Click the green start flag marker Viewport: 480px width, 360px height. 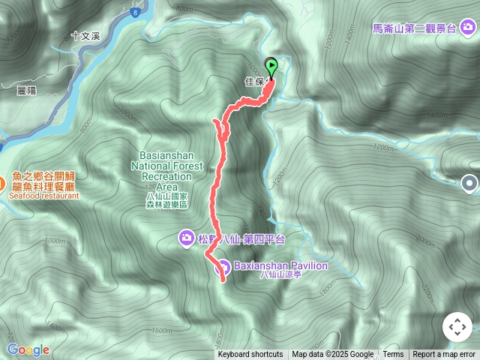tap(271, 66)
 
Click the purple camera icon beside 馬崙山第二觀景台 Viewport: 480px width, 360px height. tap(469, 29)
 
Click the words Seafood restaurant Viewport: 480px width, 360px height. tap(44, 195)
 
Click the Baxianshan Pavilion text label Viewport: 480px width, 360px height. tap(281, 265)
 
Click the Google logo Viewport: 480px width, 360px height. tap(28, 349)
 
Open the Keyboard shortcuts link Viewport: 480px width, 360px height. tap(250, 355)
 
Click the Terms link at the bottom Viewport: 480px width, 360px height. tap(393, 355)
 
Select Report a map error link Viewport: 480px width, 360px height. tap(445, 355)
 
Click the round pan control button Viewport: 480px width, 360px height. tap(457, 327)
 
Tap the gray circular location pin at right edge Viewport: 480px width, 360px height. tap(469, 181)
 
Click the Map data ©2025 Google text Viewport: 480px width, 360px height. tap(332, 355)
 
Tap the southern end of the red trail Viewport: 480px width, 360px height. tap(223, 281)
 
